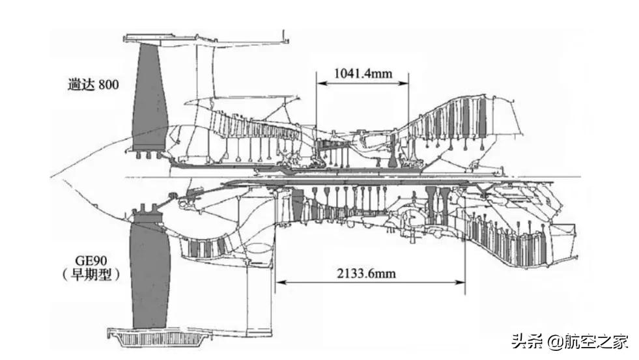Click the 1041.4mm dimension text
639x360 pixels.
[363, 73]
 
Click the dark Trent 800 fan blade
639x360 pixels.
[149, 98]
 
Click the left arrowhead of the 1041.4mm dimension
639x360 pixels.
[319, 83]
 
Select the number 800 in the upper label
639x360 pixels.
[108, 85]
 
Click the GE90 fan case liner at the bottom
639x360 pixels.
[156, 339]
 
